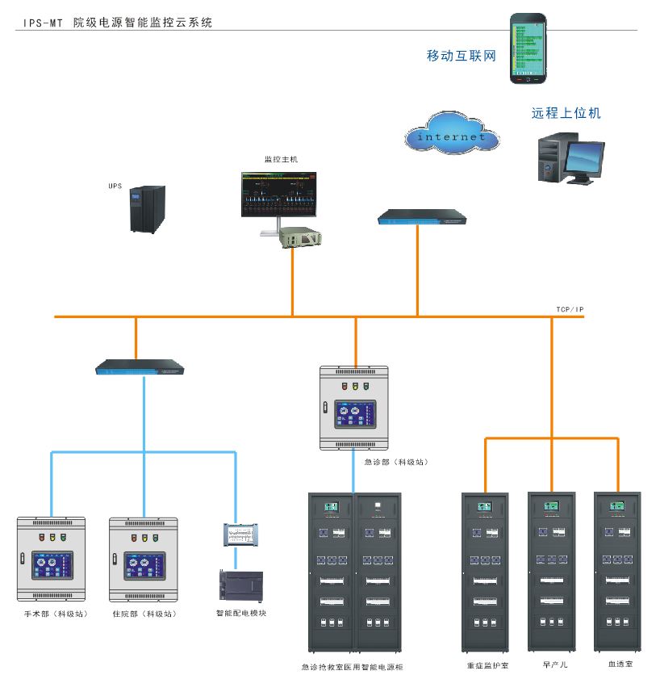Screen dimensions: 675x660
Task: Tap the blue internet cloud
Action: [451, 134]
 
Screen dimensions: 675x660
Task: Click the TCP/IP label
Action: [570, 309]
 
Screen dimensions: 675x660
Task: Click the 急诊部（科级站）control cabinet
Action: [354, 408]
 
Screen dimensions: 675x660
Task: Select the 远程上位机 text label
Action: [566, 114]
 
